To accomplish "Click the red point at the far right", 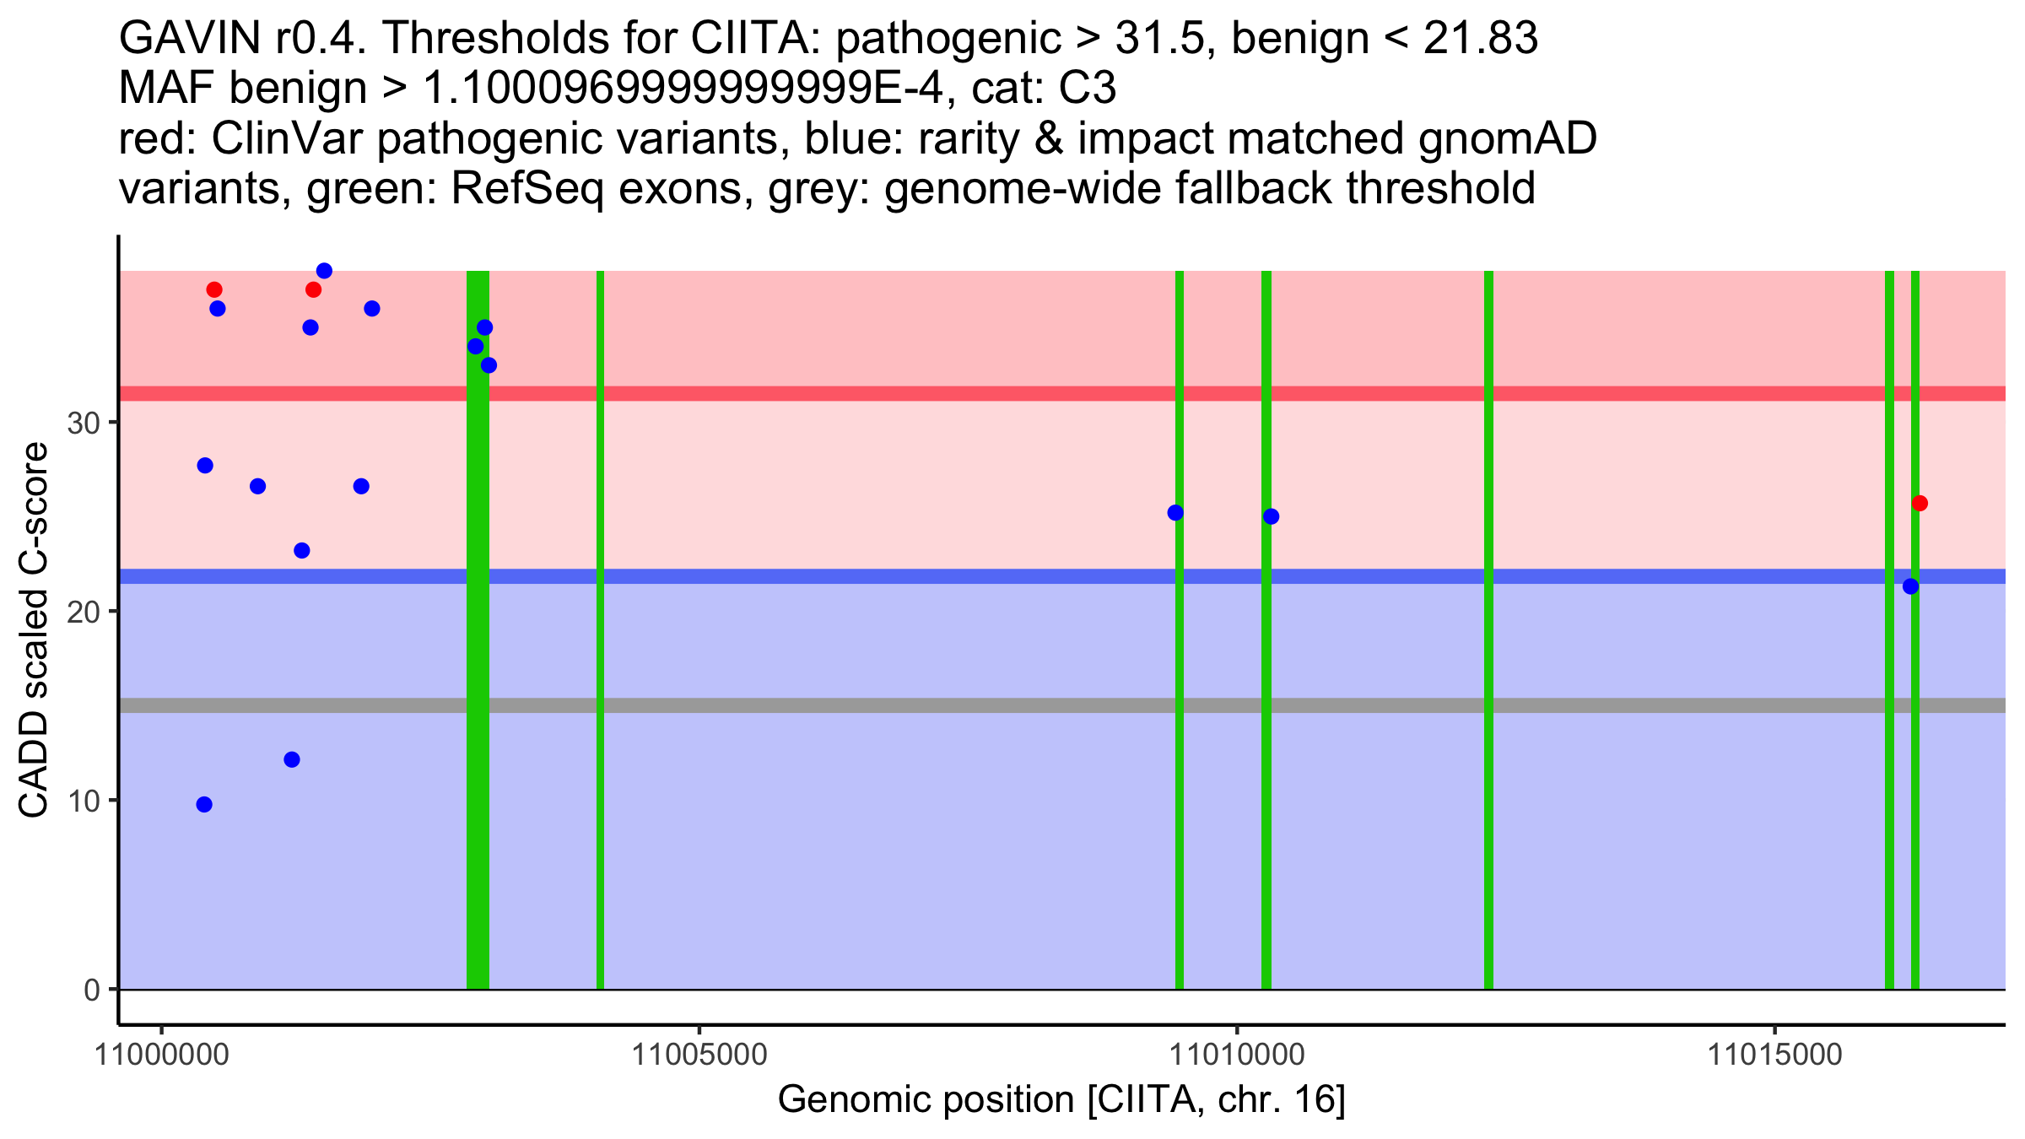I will (x=1920, y=504).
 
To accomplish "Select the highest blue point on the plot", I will (x=324, y=271).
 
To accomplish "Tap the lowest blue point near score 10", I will (x=204, y=805).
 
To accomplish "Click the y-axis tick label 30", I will (x=84, y=424).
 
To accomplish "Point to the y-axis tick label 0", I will (x=92, y=991).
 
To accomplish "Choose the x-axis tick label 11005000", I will (x=699, y=1055).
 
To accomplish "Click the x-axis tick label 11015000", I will (x=1775, y=1055).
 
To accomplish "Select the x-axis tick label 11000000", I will (x=161, y=1055).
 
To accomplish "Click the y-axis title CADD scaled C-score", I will (x=34, y=631).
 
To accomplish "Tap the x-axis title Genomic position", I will (x=1061, y=1100).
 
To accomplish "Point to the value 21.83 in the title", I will (x=1480, y=39).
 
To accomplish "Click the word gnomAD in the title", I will (x=1507, y=138).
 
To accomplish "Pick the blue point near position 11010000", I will (x=1271, y=516).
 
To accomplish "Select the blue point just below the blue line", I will (x=1910, y=586).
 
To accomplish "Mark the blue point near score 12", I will (x=292, y=759).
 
